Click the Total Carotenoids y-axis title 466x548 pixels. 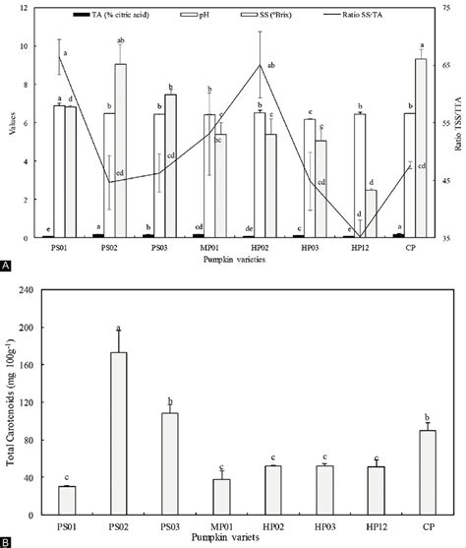[x=13, y=403]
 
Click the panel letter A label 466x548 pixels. [x=7, y=266]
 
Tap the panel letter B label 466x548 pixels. [x=7, y=540]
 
